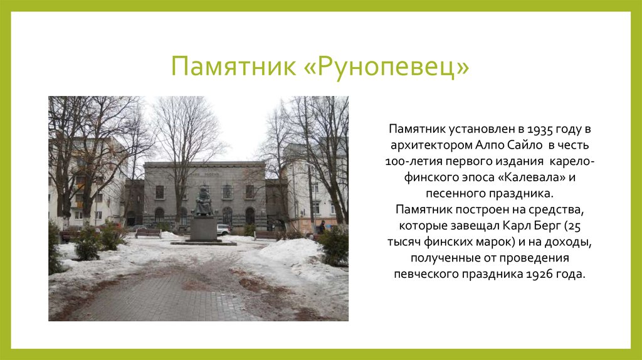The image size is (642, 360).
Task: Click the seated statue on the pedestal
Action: (203, 201)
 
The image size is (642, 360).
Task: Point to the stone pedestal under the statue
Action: (203, 228)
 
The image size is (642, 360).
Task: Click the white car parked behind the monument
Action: (223, 230)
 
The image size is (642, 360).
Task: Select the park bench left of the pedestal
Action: (148, 233)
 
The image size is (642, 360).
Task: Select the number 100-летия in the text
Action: (413, 162)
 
